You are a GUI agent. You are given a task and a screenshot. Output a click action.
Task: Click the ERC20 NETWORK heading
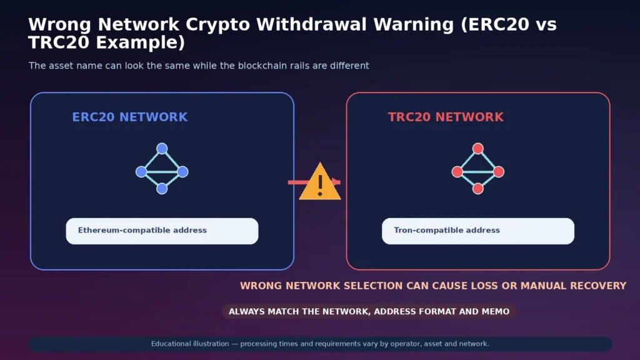[130, 117]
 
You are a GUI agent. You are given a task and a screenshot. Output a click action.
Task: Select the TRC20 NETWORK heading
[446, 117]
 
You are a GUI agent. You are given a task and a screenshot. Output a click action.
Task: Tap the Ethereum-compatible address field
[162, 231]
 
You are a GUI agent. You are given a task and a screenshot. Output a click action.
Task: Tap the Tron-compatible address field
[478, 231]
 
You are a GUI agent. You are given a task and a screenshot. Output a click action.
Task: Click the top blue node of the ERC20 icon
[162, 148]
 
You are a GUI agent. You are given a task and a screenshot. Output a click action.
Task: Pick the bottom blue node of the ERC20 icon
[162, 189]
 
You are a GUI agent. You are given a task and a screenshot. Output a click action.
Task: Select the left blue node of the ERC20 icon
[141, 172]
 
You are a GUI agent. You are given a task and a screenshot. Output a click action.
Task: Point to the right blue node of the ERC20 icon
[183, 172]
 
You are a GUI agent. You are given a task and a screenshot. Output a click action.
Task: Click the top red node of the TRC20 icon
[478, 148]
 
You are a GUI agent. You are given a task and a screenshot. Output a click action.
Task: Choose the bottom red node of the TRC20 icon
[478, 189]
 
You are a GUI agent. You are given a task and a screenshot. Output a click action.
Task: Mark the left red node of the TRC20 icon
[457, 172]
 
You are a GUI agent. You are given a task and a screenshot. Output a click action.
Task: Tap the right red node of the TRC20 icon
[499, 172]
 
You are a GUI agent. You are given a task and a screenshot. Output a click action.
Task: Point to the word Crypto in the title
[217, 25]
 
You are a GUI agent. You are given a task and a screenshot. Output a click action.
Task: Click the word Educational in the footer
[170, 344]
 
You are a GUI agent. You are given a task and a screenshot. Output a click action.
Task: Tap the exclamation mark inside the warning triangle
[320, 186]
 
